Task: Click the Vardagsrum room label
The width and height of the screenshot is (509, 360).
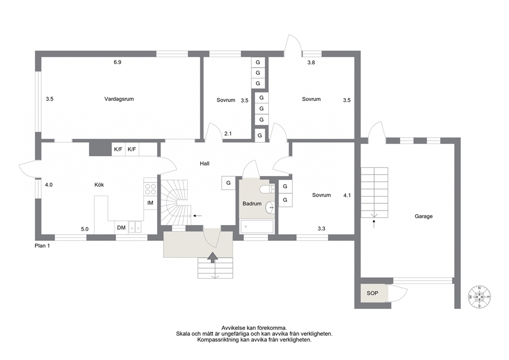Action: click(119, 99)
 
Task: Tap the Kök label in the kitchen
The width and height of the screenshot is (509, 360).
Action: click(99, 184)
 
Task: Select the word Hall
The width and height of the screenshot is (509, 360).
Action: click(205, 164)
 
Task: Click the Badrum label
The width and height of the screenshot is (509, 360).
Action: click(252, 204)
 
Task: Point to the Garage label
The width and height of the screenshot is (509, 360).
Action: click(424, 216)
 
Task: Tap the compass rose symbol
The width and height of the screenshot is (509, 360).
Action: click(479, 297)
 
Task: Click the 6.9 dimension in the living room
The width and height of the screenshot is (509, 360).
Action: click(117, 62)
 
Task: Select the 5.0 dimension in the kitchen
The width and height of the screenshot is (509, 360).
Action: click(85, 229)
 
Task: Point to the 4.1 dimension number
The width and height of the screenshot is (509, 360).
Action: click(347, 196)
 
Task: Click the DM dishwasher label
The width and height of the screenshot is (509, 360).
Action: click(121, 228)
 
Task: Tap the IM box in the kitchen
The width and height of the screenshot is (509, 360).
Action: click(150, 203)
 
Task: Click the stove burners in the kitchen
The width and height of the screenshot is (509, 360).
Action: click(150, 189)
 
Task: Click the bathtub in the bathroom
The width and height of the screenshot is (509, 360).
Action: click(257, 226)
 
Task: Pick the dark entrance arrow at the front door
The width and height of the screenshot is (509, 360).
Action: click(212, 257)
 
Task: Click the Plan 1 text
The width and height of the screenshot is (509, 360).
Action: click(42, 246)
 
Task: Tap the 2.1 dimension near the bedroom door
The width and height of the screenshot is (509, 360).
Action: click(228, 134)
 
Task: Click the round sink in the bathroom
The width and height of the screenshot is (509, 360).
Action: click(270, 207)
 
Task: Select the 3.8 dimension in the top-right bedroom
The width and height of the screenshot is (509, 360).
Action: click(311, 63)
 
